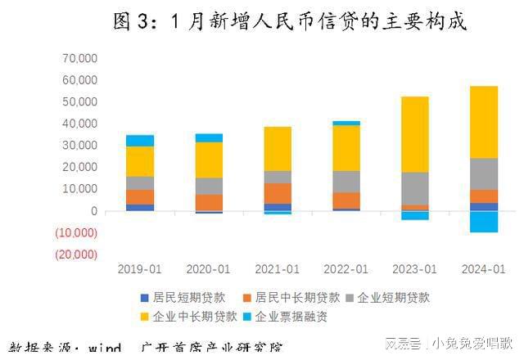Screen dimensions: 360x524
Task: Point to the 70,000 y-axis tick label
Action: [x=79, y=58]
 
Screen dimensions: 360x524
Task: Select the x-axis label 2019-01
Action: [x=139, y=269]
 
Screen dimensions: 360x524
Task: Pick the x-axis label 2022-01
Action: [x=346, y=269]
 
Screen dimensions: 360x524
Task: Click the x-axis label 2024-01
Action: [x=483, y=269]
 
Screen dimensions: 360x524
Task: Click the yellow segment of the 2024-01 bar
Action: [x=483, y=122]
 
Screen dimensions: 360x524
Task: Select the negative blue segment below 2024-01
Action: [x=483, y=222]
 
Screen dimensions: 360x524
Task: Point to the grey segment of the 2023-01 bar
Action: [x=414, y=188]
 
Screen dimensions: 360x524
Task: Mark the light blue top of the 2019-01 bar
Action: [x=140, y=140]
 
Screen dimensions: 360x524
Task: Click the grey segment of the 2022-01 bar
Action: [x=346, y=182]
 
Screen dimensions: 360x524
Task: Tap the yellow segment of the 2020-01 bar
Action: [x=209, y=160]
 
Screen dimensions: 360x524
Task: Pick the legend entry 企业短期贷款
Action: [x=391, y=298]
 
